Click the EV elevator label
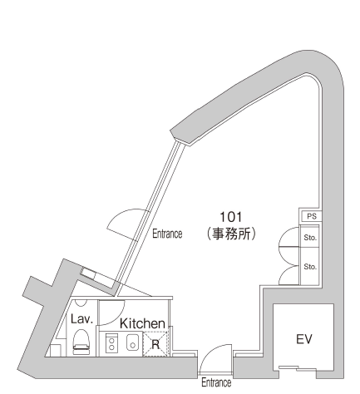304,339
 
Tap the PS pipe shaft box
310,216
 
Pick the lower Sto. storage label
310,267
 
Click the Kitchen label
142,323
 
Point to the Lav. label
81,319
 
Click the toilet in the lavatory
81,342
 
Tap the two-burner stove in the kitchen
111,343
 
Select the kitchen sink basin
133,342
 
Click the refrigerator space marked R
155,344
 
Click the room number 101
230,217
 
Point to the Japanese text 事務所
231,234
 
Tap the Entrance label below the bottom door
216,382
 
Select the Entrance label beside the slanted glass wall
167,234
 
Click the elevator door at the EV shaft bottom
298,368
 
